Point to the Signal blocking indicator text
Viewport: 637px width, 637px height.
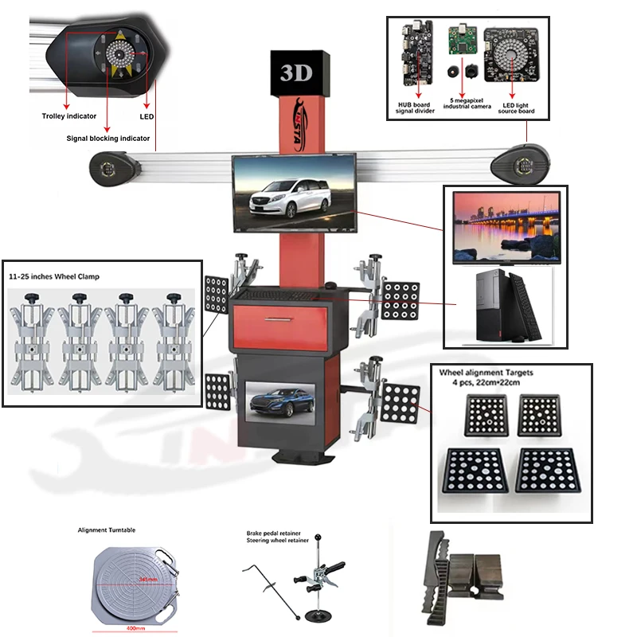coord(108,138)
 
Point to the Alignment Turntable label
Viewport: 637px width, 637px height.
coord(107,530)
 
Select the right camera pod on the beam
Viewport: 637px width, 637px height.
coord(522,163)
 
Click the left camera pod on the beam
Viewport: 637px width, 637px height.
coord(108,168)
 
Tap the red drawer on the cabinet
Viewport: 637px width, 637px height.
coord(279,324)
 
